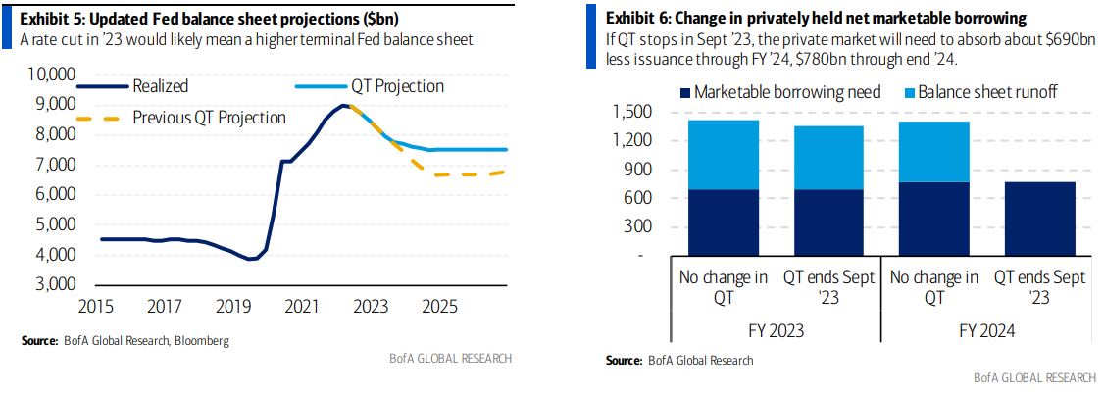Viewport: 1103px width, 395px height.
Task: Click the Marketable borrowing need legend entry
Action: (778, 92)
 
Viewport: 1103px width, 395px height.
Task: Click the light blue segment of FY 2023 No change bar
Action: (723, 155)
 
